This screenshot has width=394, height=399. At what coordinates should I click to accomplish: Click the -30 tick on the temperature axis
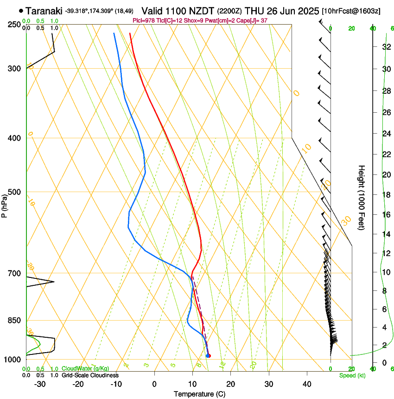point(40,384)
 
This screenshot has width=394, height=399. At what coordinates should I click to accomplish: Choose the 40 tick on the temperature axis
point(306,384)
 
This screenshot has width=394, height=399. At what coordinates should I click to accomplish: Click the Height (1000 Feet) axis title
point(362,197)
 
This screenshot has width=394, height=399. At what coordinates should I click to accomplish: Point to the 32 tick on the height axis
point(385,46)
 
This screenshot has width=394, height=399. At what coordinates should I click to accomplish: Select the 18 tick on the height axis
point(385,194)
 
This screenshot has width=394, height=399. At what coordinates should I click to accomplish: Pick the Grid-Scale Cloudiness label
point(90,375)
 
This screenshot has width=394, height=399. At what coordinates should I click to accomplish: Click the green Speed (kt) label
point(352,375)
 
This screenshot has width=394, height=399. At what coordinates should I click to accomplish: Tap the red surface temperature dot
point(209,356)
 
